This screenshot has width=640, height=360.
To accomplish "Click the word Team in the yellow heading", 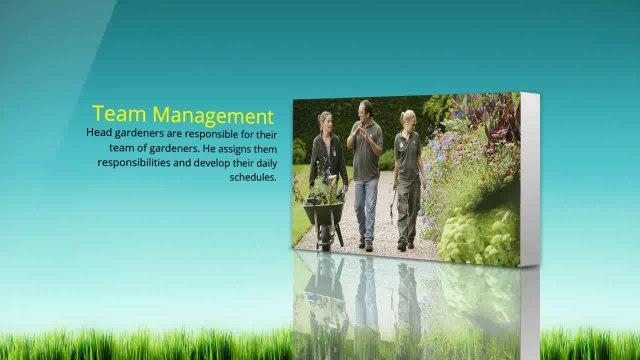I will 119,115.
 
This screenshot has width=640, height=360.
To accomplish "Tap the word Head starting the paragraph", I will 99,133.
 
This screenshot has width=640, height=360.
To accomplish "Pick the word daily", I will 261,162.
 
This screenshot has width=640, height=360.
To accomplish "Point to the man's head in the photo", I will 366,109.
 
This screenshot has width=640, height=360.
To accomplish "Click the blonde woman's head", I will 407,118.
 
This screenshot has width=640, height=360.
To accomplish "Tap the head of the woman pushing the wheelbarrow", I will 325,121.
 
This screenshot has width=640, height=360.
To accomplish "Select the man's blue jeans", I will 366,205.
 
